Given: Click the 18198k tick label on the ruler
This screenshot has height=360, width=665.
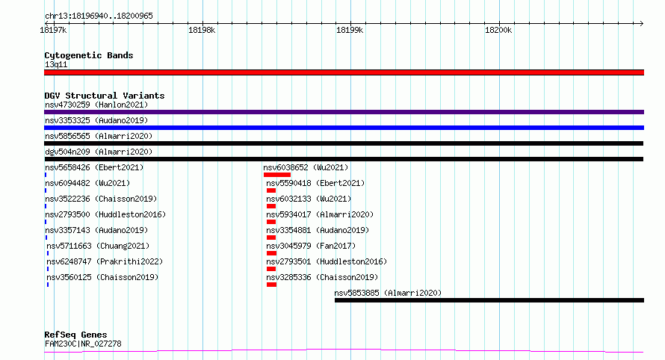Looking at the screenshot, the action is (202, 30).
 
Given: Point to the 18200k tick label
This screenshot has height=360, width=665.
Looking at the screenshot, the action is (498, 30).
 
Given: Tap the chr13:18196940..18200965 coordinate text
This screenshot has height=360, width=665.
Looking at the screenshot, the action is (99, 16).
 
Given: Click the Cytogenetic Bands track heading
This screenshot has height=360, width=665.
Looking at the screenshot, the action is (89, 55).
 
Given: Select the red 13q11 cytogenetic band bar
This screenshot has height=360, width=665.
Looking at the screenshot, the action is (344, 72).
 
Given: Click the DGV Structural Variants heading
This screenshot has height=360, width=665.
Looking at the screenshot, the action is (105, 96).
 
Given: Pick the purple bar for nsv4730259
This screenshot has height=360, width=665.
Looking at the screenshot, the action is (344, 112).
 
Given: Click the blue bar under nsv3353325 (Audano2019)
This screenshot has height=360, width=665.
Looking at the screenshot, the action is (344, 128).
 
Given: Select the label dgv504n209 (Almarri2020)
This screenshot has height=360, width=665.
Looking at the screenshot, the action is (99, 152).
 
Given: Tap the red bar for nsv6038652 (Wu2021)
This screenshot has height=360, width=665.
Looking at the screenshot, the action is (277, 175).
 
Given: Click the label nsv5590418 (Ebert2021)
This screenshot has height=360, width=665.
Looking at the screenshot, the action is (315, 183).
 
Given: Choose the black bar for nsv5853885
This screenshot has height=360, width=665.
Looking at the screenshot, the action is (489, 300).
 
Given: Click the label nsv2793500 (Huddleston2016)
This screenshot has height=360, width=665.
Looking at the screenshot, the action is (105, 214).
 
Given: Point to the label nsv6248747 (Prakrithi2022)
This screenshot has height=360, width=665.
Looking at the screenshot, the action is (105, 261).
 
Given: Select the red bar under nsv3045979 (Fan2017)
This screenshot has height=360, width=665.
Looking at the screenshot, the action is (271, 253).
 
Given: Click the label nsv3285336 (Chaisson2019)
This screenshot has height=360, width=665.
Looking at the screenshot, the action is (322, 277).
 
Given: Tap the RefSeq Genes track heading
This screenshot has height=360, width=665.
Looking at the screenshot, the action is (75, 335).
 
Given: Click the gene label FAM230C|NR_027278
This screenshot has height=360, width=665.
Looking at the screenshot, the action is (83, 344).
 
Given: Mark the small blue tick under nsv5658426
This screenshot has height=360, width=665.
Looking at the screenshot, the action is (46, 175).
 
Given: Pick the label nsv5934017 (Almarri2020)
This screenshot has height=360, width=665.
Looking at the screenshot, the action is (320, 214).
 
